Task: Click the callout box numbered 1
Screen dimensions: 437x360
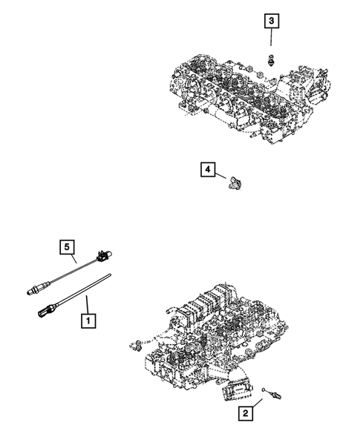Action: (x=88, y=322)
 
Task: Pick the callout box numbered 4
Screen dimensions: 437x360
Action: (x=207, y=171)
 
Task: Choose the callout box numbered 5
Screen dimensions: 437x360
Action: (x=67, y=246)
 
